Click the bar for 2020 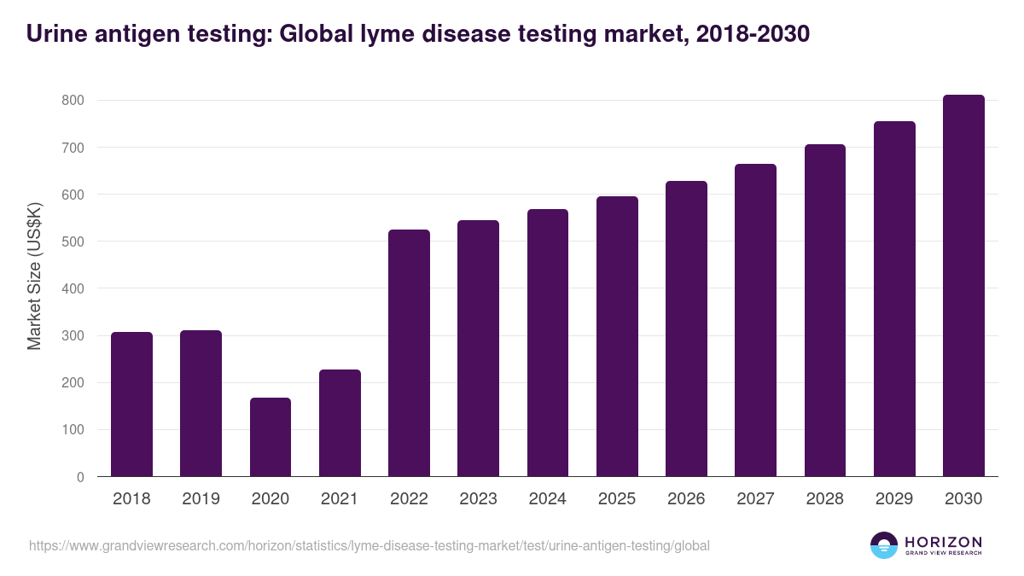(x=271, y=437)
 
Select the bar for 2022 (x=409, y=353)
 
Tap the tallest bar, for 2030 (x=963, y=286)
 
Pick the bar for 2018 (x=131, y=404)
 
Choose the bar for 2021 (x=340, y=423)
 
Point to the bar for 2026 (x=686, y=329)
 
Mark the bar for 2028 (x=825, y=311)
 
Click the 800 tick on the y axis (x=73, y=101)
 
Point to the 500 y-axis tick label (x=73, y=241)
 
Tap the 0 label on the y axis (x=80, y=477)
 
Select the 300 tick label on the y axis (x=73, y=336)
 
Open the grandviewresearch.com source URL (x=369, y=545)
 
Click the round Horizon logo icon (x=884, y=545)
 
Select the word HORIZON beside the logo (x=943, y=542)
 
